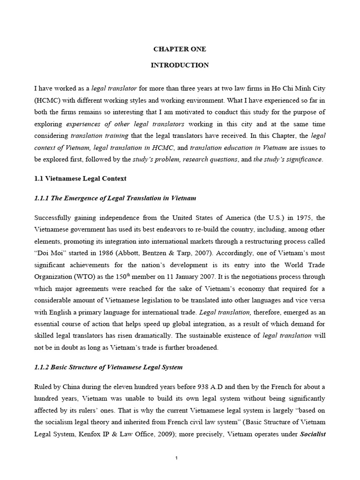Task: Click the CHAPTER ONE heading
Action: coord(180,49)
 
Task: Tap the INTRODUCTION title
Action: coord(180,65)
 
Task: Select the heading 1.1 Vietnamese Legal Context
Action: coord(80,179)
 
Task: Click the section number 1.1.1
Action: coord(41,198)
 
